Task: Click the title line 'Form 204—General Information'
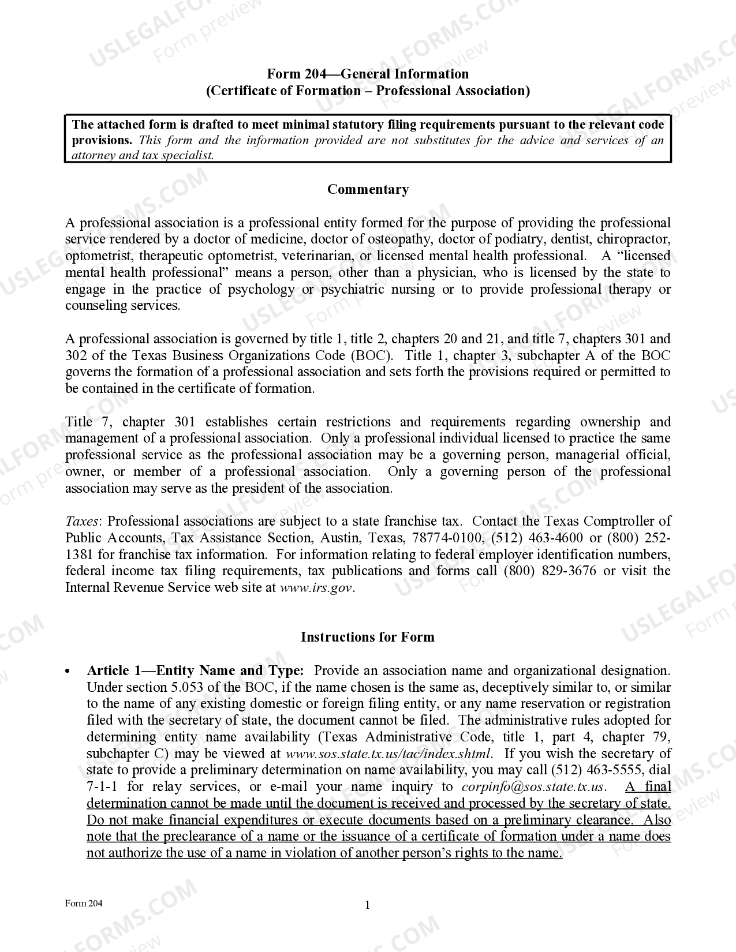pos(367,74)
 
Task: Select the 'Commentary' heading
pos(368,190)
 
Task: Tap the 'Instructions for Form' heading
pos(367,638)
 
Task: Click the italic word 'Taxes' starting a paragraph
pos(83,522)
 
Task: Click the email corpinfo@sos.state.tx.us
pos(533,787)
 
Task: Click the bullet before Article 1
pos(68,672)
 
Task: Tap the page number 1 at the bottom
pos(367,905)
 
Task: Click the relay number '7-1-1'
pos(103,787)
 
